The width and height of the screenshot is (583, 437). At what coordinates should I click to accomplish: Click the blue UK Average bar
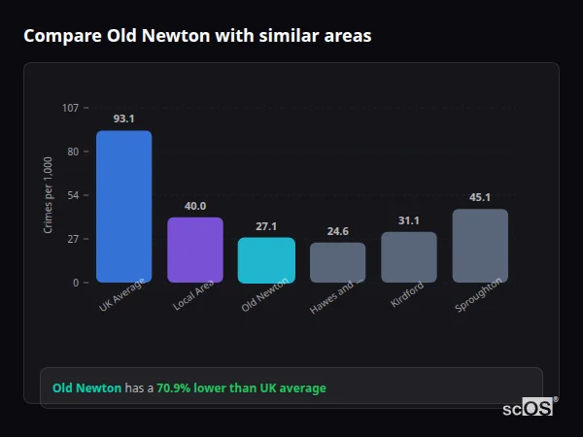[x=123, y=207]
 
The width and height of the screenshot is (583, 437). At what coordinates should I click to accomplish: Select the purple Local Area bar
[x=195, y=250]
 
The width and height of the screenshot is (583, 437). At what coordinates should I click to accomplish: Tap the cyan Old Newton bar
[x=266, y=260]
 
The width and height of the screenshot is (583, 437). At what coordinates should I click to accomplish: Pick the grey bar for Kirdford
[x=409, y=257]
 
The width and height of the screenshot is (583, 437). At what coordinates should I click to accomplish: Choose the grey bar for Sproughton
[x=480, y=246]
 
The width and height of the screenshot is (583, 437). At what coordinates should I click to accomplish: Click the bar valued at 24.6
[x=337, y=262]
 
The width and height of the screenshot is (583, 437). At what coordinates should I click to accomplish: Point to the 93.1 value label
[x=123, y=118]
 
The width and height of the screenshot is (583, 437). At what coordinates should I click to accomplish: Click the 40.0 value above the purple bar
[x=195, y=206]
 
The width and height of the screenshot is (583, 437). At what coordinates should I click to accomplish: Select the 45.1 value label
[x=480, y=197]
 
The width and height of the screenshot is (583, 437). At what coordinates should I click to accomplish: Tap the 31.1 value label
[x=409, y=220]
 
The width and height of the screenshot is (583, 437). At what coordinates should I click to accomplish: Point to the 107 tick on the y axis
[x=71, y=108]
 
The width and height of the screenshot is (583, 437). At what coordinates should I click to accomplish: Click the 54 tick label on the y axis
[x=73, y=195]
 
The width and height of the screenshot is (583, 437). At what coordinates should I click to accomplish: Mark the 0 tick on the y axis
[x=76, y=283]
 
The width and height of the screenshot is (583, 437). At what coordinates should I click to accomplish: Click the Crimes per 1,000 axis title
[x=49, y=195]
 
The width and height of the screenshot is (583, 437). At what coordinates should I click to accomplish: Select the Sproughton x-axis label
[x=479, y=295]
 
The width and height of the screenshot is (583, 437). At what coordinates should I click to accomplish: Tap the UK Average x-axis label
[x=122, y=295]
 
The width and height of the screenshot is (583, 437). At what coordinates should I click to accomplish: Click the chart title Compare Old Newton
[x=197, y=36]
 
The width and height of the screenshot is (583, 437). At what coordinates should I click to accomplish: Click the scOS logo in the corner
[x=529, y=408]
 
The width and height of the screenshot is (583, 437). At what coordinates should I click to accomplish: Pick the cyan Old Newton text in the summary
[x=86, y=388]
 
